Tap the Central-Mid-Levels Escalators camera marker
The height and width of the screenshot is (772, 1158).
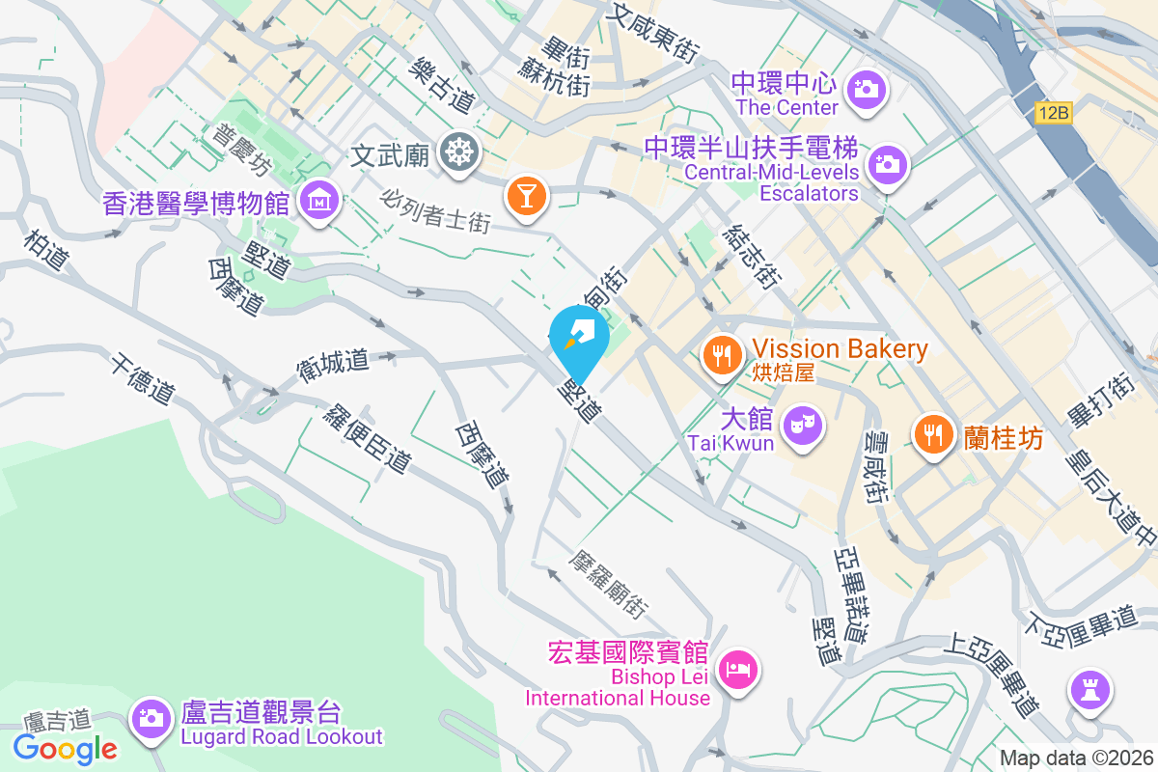pyautogui.click(x=887, y=164)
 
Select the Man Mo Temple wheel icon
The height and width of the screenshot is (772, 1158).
pyautogui.click(x=457, y=152)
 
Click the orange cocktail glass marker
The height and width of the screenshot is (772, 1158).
pyautogui.click(x=526, y=194)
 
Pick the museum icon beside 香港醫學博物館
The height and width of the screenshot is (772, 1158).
pyautogui.click(x=317, y=202)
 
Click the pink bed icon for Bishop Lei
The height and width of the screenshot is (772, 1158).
pyautogui.click(x=739, y=668)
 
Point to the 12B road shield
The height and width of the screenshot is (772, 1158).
pyautogui.click(x=1055, y=114)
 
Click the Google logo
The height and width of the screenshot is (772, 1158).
pyautogui.click(x=66, y=748)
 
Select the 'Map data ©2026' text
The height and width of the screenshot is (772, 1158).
pyautogui.click(x=1076, y=758)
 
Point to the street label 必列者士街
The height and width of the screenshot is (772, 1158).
pyautogui.click(x=436, y=209)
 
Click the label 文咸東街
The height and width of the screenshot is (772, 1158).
pyautogui.click(x=652, y=30)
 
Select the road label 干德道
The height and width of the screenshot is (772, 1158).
pyautogui.click(x=143, y=378)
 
